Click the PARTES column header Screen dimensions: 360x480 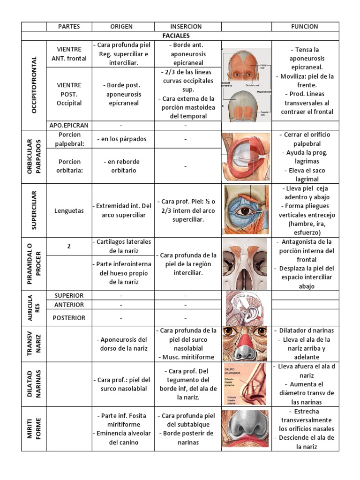click(69, 27)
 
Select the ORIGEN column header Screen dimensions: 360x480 click(121, 27)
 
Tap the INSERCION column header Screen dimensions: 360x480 click(186, 27)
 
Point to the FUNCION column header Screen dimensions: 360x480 click(304, 27)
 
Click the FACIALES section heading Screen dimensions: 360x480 click(186, 36)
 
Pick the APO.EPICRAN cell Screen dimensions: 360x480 click(69, 126)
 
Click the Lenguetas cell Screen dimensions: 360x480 click(69, 211)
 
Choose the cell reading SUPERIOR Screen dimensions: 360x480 click(69, 296)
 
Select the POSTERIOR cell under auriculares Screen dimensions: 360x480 click(69, 318)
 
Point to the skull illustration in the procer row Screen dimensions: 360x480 click(246, 265)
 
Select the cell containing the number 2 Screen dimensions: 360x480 click(69, 246)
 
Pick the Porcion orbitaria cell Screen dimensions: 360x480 click(69, 166)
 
